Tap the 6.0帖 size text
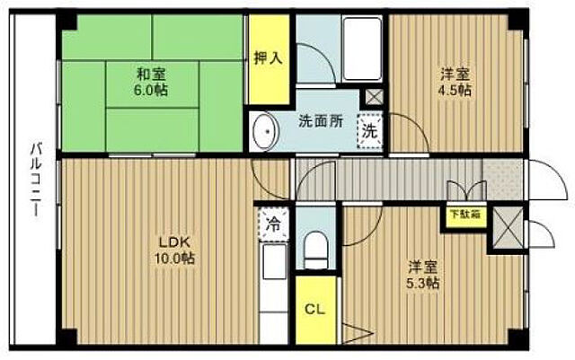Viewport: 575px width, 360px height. (153, 91)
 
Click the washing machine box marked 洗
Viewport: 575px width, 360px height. (369, 129)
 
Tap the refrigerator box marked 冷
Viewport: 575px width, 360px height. (270, 225)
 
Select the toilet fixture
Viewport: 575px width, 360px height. (315, 247)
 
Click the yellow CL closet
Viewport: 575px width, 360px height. (314, 312)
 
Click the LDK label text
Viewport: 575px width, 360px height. (175, 241)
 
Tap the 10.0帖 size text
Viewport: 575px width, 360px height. (176, 258)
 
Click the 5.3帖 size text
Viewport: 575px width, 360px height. (422, 284)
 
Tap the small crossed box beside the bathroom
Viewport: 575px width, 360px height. (373, 97)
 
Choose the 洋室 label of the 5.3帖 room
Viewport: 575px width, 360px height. (422, 267)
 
